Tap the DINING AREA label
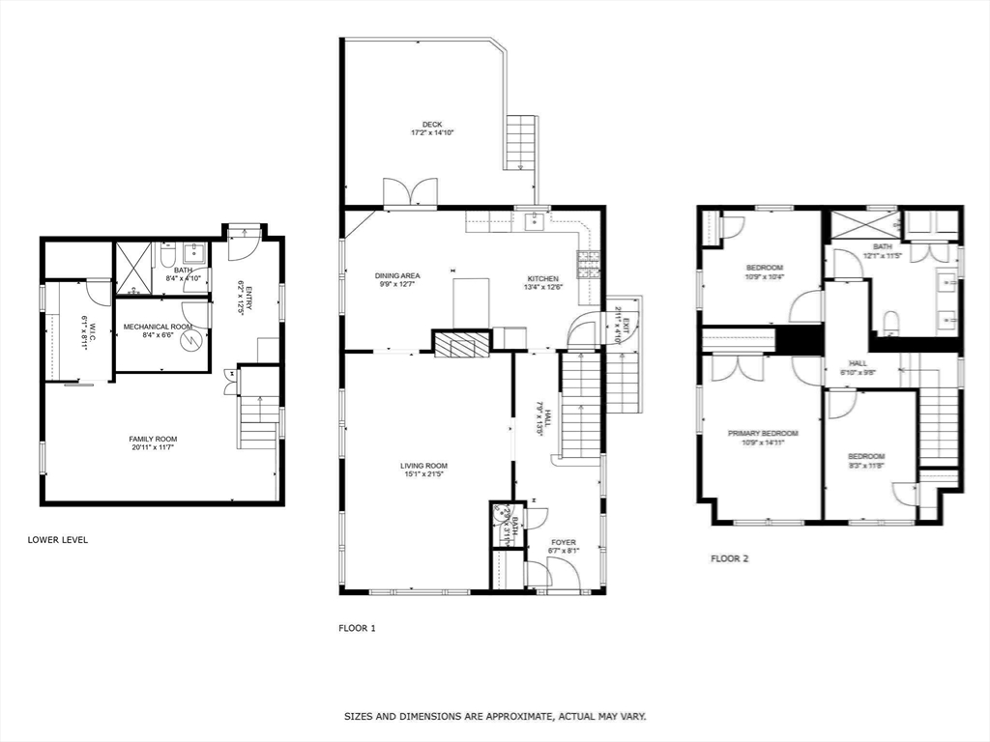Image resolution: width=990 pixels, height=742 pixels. pyautogui.click(x=397, y=276)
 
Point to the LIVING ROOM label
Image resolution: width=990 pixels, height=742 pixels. pyautogui.click(x=424, y=466)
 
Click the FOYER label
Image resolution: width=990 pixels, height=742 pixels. pyautogui.click(x=564, y=542)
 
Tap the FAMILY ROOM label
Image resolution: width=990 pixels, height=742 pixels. pyautogui.click(x=154, y=439)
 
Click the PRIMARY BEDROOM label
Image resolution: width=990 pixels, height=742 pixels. pyautogui.click(x=763, y=434)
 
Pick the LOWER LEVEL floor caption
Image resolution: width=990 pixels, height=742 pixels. pyautogui.click(x=58, y=540)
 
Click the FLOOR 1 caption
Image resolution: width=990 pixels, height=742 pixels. pyautogui.click(x=357, y=628)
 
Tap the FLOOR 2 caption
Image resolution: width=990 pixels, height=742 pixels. pyautogui.click(x=730, y=558)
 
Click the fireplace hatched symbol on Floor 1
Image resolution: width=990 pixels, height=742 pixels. pyautogui.click(x=461, y=345)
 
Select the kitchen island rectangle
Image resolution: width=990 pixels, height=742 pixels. pyautogui.click(x=472, y=302)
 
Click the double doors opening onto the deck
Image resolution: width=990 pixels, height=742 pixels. pyautogui.click(x=410, y=191)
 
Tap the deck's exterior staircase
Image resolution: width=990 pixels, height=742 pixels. pyautogui.click(x=520, y=142)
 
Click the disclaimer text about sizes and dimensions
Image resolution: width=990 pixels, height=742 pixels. pyautogui.click(x=495, y=717)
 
